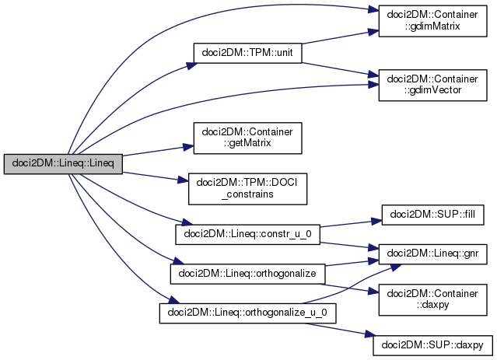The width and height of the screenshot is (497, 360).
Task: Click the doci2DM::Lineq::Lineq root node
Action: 63,164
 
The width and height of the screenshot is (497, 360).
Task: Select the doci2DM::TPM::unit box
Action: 247,53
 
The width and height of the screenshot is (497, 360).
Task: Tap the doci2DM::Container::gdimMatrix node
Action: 432,21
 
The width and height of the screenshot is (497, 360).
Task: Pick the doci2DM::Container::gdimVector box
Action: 432,86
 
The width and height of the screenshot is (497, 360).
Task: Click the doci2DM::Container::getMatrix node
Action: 247,138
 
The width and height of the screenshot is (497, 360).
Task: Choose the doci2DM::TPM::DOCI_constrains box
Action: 247,189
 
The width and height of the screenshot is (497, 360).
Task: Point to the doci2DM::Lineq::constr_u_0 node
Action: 247,235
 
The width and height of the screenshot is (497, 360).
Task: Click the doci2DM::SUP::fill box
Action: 432,215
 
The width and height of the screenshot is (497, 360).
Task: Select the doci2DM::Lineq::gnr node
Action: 432,253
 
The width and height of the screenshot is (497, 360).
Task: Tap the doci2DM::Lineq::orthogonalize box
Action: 247,274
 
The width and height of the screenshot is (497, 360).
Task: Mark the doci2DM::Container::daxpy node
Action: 432,300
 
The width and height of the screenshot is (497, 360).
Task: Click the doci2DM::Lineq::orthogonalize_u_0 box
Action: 247,313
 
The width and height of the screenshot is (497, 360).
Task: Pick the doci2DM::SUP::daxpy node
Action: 432,345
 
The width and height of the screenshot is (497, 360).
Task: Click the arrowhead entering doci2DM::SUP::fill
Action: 376,221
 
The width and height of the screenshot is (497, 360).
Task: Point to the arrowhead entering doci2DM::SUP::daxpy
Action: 369,334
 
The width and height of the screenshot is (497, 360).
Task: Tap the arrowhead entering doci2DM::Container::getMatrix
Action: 188,147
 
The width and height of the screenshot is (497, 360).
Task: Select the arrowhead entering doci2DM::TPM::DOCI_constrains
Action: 184,180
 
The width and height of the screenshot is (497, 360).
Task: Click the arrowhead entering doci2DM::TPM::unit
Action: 191,65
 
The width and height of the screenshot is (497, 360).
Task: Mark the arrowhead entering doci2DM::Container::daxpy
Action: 373,292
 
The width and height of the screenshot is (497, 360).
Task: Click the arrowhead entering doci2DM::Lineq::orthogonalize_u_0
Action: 173,300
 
